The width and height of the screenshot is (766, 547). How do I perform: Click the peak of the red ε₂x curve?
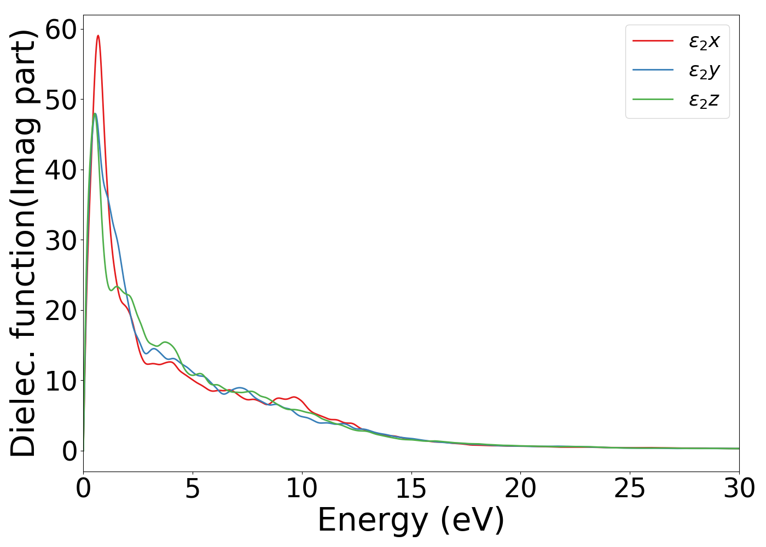click(x=98, y=36)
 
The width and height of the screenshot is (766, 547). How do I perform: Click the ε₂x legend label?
click(x=704, y=41)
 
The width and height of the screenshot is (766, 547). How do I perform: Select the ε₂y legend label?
click(x=704, y=71)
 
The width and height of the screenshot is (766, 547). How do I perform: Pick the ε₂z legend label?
click(x=704, y=100)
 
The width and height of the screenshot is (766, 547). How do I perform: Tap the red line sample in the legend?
click(x=653, y=40)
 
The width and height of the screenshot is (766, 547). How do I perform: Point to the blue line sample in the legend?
click(x=653, y=70)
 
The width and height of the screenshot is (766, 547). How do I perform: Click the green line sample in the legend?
click(x=653, y=100)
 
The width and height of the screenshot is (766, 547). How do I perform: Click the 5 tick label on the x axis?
click(x=193, y=488)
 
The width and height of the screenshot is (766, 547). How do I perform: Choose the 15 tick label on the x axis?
click(x=411, y=488)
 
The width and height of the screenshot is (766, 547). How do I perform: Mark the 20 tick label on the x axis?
click(x=520, y=488)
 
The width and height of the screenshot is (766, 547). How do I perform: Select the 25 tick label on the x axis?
click(x=630, y=488)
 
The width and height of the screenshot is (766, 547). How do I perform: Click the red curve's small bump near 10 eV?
click(x=295, y=397)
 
